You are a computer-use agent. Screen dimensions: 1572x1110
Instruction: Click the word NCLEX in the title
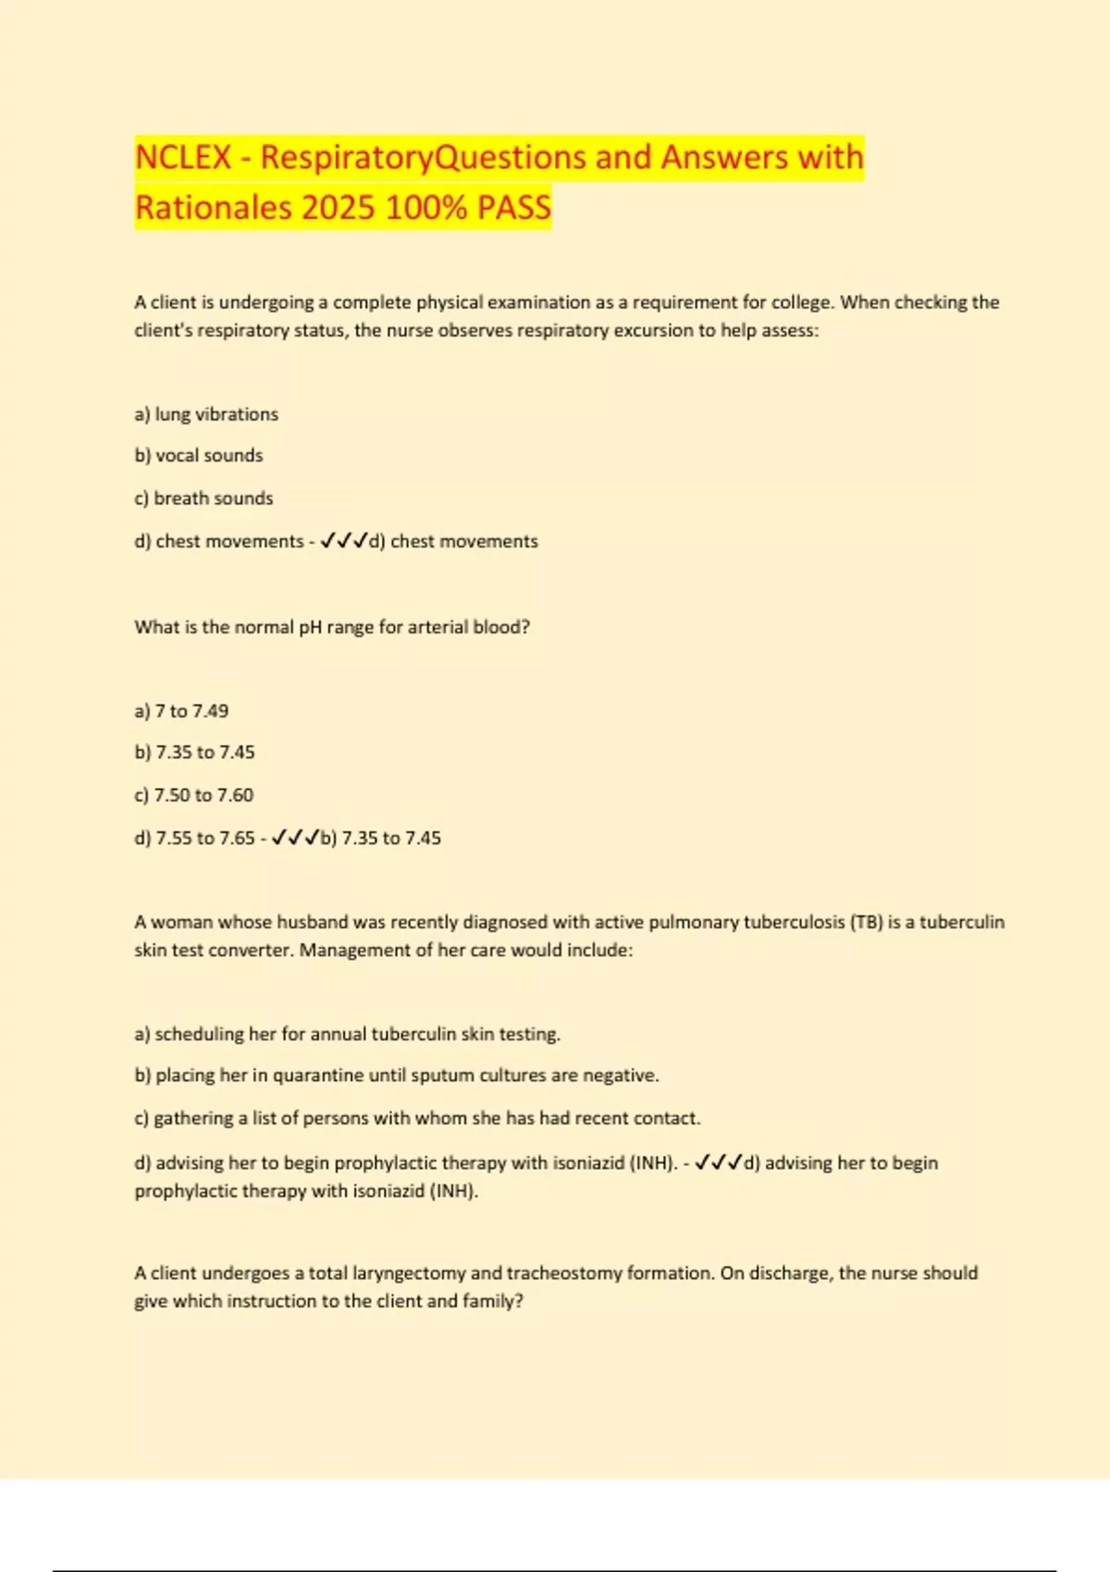[183, 157]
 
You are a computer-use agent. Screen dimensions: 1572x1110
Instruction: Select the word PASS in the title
[513, 207]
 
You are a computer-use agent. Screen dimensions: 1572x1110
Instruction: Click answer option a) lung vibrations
[206, 414]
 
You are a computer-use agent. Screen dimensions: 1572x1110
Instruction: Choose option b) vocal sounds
[199, 455]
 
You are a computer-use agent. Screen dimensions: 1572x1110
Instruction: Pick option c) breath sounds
[203, 497]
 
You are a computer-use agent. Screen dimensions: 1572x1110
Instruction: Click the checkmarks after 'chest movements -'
[343, 541]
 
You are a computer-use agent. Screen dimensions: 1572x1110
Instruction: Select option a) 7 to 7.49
[181, 711]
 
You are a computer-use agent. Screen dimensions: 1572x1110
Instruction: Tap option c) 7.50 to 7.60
[193, 795]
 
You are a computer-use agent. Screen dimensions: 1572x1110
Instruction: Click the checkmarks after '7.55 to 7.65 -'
[295, 838]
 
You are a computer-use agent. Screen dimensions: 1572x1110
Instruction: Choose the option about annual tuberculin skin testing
[347, 1034]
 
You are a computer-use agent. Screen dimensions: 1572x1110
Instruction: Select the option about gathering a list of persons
[417, 1118]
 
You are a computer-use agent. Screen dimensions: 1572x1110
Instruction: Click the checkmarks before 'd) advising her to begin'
[718, 1162]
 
